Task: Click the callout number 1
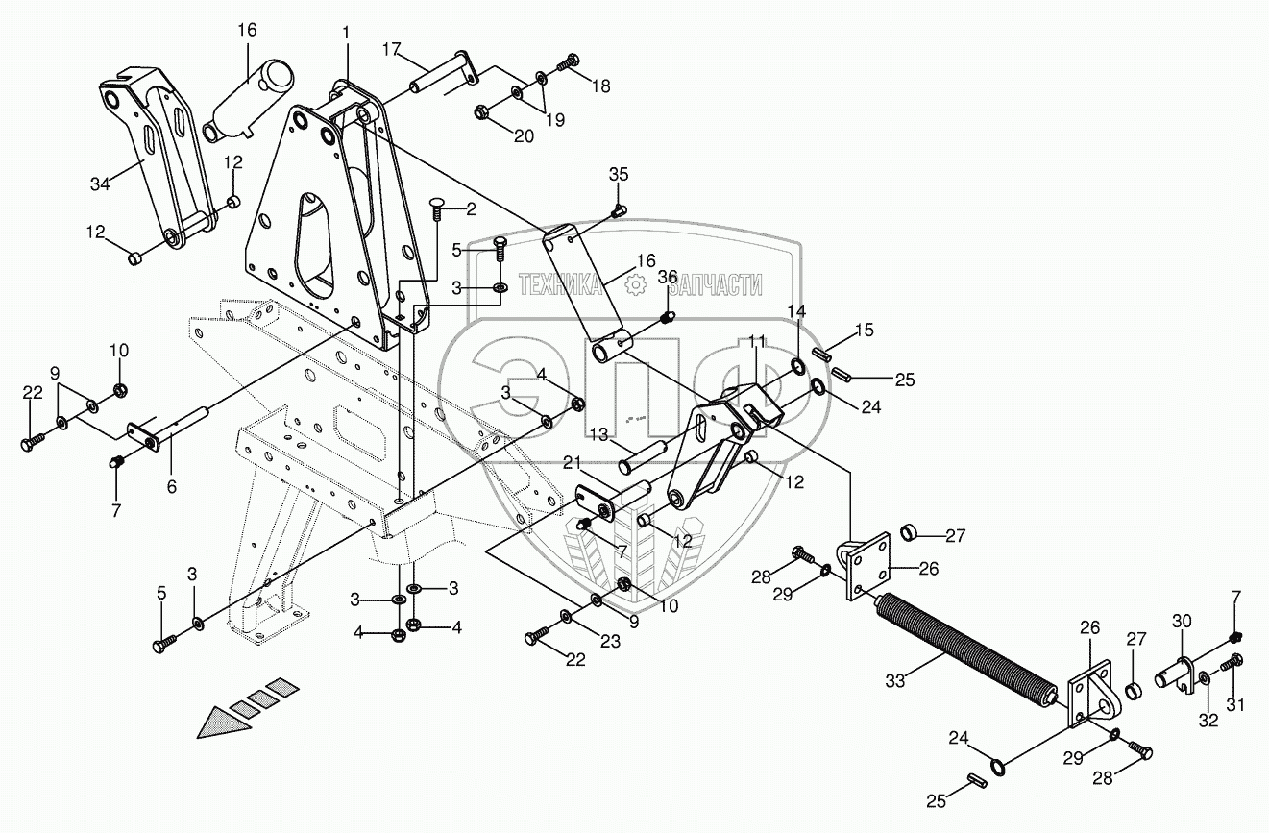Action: click(x=345, y=34)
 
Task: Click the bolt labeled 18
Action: click(x=569, y=61)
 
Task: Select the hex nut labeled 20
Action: click(x=483, y=114)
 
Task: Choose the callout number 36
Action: click(x=668, y=278)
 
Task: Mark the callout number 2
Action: click(x=471, y=208)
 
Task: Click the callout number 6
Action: click(x=172, y=487)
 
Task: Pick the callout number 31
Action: click(x=1234, y=707)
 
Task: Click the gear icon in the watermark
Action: click(x=633, y=284)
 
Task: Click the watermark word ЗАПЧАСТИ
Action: click(x=715, y=284)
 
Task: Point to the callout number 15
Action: click(x=864, y=331)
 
